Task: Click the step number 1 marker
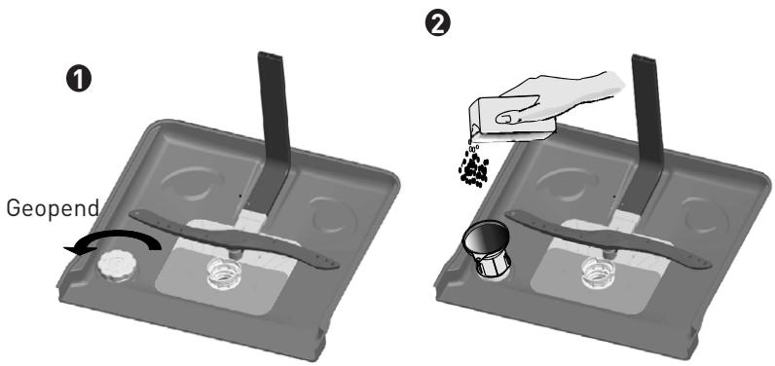tap(78, 79)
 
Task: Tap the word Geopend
tap(53, 208)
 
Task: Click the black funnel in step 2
tap(486, 246)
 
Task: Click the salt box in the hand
tap(511, 119)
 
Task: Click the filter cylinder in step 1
tap(223, 272)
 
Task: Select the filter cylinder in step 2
tap(599, 272)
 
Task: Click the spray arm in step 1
tap(234, 238)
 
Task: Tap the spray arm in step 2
tap(608, 238)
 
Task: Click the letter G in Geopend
tap(14, 208)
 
